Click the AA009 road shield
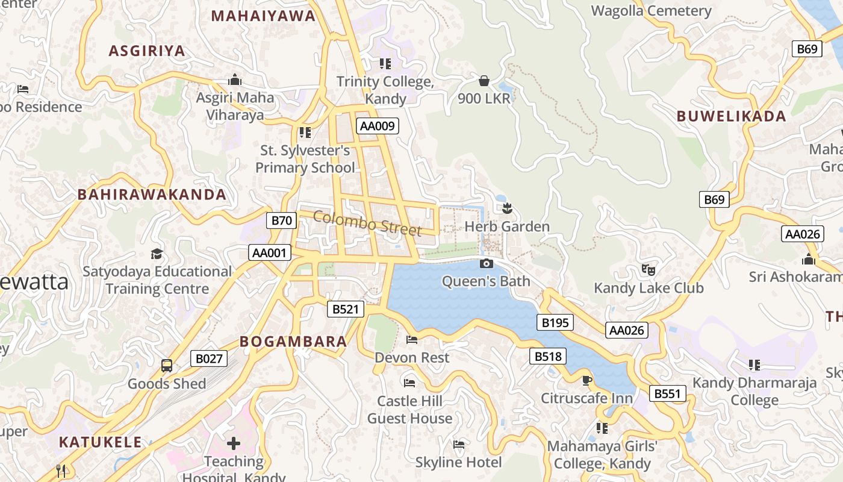point(378,126)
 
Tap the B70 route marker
point(281,220)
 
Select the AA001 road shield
point(270,252)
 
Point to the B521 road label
point(346,309)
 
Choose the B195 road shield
point(555,322)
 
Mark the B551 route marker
point(667,393)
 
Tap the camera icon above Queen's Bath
point(486,263)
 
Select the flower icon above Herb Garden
point(507,208)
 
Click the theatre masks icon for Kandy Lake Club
point(648,269)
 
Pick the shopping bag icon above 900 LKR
point(484,80)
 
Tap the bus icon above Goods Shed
point(167,365)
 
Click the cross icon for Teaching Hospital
point(234,443)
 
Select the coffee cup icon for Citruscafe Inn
point(586,380)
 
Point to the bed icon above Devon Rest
point(412,340)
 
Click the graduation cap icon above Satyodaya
point(157,254)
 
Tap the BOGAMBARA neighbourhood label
point(293,342)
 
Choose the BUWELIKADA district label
point(731,116)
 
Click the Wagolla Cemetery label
point(651,11)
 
